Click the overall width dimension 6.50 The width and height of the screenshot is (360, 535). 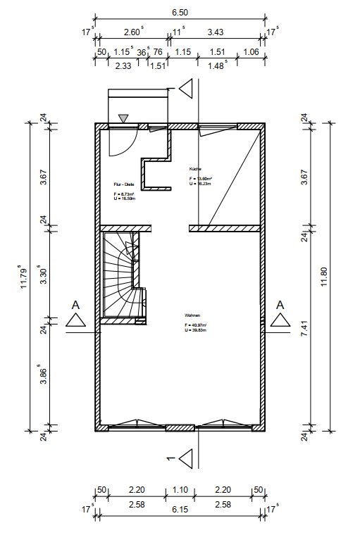pos(180,13)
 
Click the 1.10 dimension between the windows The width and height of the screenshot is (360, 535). pos(180,489)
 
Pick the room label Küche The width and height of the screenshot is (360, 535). pos(195,169)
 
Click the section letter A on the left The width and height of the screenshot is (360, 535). pos(75,306)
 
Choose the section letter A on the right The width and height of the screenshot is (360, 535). pos(280,305)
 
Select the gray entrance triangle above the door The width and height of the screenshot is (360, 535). pos(123,118)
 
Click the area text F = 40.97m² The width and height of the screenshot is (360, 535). pos(194,325)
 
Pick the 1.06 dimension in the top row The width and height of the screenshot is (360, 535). pos(251,51)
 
